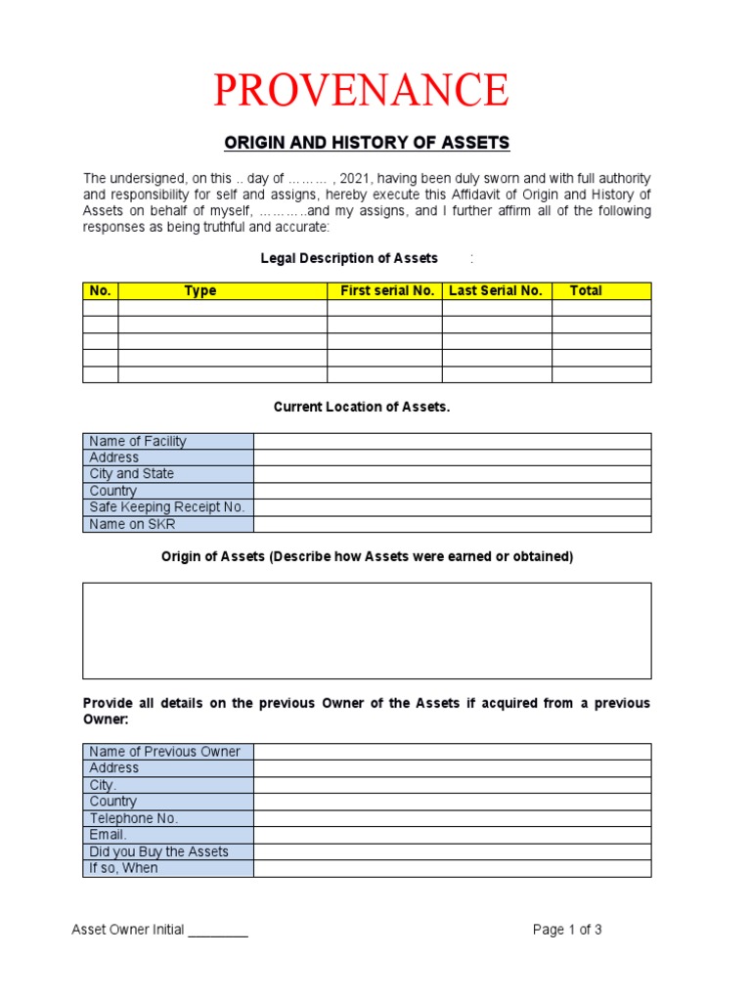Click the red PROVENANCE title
361,90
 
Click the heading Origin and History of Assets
367,143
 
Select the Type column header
200,290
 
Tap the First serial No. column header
386,290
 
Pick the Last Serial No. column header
495,290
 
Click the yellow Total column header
586,290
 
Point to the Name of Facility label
137,441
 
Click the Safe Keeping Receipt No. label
166,507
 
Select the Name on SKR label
132,524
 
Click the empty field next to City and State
452,474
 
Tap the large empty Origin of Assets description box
367,631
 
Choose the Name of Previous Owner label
164,752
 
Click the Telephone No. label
133,818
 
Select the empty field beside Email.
452,835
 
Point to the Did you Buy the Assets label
158,851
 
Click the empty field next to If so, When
452,868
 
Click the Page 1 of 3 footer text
567,930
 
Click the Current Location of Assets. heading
362,407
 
